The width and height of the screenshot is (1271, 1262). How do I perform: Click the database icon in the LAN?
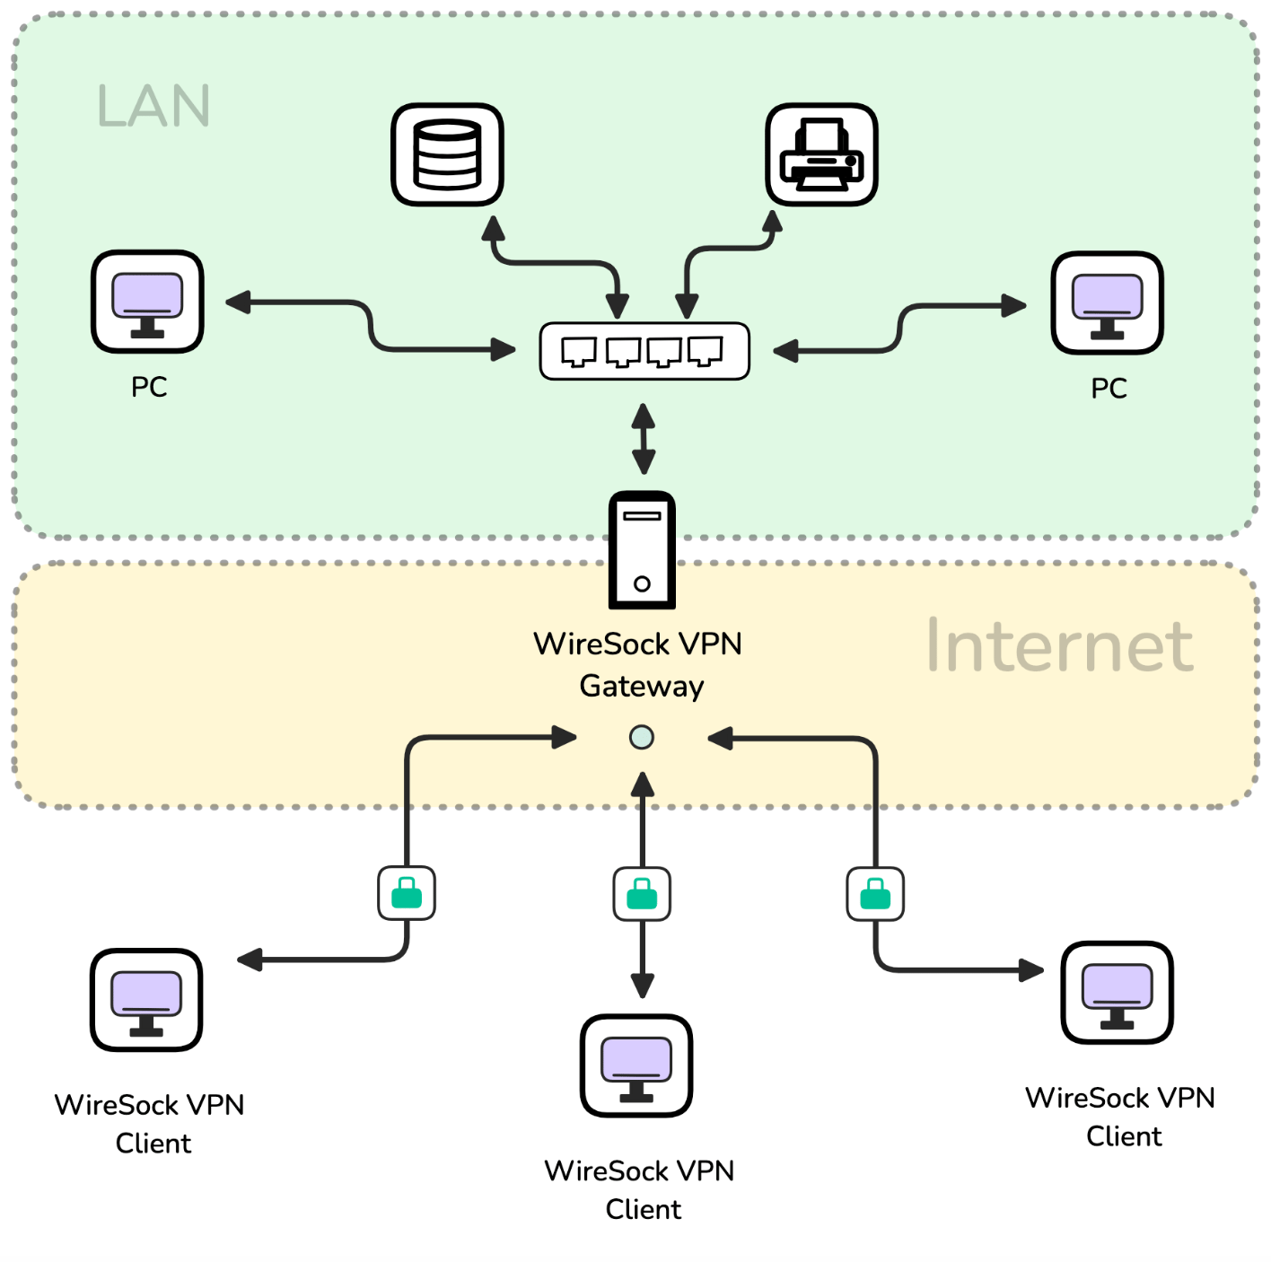tap(447, 154)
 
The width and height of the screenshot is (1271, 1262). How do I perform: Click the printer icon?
tap(821, 154)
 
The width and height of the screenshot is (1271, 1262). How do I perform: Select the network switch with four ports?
tap(644, 351)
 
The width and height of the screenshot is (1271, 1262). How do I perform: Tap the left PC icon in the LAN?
tap(147, 302)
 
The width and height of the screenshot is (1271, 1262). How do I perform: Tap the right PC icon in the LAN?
tap(1107, 302)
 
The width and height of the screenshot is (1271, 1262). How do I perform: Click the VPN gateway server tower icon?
tap(642, 549)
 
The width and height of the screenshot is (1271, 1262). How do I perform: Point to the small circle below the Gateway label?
tap(642, 738)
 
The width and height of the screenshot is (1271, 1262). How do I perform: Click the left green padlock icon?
tap(407, 893)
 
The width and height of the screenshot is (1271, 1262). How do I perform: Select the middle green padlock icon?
tap(642, 894)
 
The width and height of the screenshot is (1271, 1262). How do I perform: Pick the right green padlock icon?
tap(875, 894)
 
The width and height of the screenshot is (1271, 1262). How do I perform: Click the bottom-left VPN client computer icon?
tap(146, 1000)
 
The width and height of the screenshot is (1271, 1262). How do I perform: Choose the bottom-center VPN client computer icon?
tap(636, 1065)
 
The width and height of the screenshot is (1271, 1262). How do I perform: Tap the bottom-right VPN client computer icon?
tap(1117, 993)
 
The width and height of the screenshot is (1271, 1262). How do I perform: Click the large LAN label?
tap(153, 106)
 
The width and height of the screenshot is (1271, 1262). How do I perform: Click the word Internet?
tap(1059, 645)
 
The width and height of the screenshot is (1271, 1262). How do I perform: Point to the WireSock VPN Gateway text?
tap(639, 664)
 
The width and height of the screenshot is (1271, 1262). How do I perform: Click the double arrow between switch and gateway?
tap(643, 439)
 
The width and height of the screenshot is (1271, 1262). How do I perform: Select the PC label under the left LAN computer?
tap(149, 387)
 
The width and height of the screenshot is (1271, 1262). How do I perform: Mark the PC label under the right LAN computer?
tap(1109, 389)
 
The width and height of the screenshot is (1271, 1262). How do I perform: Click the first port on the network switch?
tap(579, 351)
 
